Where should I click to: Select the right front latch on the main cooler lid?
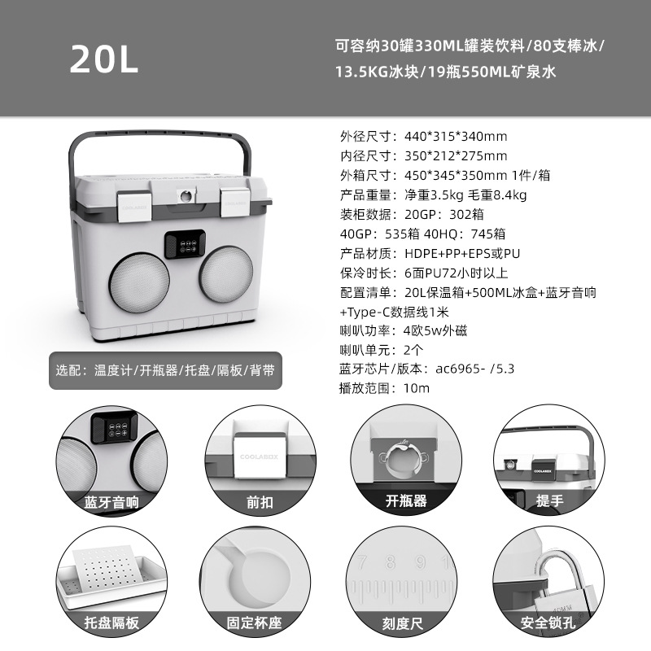click(x=236, y=200)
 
